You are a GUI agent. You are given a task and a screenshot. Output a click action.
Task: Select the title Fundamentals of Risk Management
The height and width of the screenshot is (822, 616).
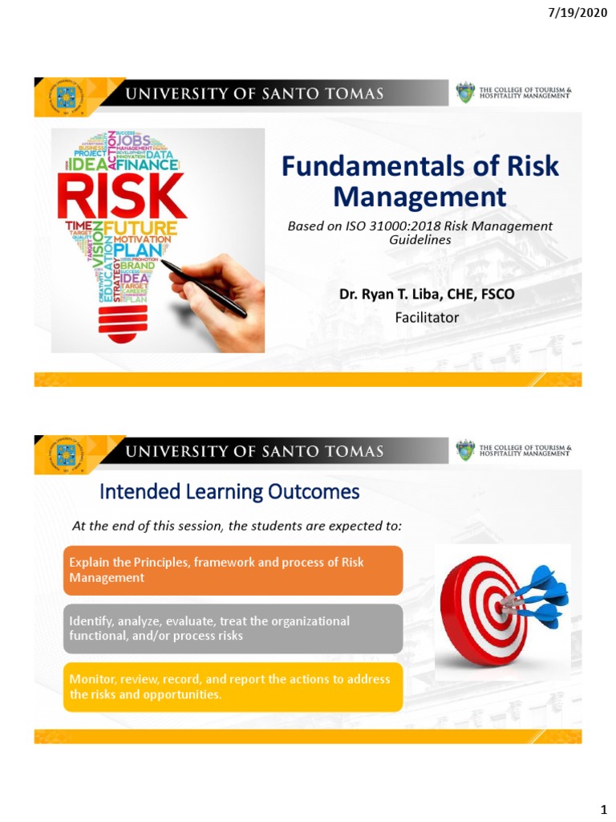[420, 181]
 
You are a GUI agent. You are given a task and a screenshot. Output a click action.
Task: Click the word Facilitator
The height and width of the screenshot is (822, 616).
[427, 317]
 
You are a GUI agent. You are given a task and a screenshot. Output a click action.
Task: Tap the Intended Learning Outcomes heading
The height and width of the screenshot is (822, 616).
[229, 491]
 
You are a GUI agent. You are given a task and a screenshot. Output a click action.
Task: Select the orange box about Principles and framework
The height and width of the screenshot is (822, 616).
[233, 570]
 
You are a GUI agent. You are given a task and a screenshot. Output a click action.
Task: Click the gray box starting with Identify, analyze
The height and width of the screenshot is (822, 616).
[233, 629]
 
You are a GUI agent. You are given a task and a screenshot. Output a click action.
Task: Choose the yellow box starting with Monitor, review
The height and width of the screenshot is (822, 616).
[233, 687]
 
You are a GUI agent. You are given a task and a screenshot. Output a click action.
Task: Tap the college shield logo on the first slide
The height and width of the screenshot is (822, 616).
[465, 93]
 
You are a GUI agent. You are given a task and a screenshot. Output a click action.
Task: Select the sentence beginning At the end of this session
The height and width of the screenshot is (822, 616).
[237, 526]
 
